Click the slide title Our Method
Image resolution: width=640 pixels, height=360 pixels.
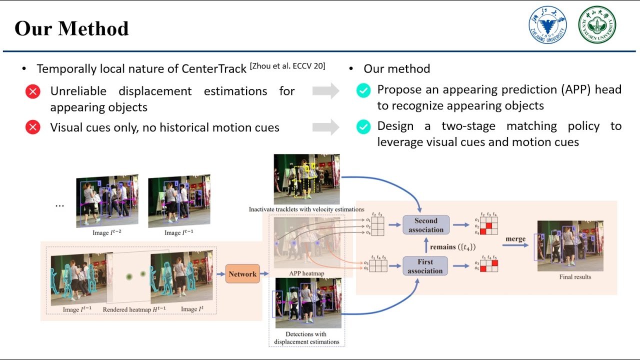pyautogui.click(x=71, y=28)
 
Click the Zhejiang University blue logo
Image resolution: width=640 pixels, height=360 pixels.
pyautogui.click(x=547, y=25)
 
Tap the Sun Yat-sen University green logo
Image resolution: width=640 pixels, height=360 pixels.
pyautogui.click(x=597, y=25)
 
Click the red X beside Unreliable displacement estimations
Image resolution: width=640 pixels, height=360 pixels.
pyautogui.click(x=33, y=91)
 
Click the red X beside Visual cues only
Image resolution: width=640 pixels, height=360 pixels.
pyautogui.click(x=33, y=127)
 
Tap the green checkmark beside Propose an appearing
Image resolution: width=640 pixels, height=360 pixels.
pyautogui.click(x=363, y=90)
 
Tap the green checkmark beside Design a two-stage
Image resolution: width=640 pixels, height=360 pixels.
pyautogui.click(x=363, y=127)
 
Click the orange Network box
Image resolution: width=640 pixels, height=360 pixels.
pyautogui.click(x=242, y=274)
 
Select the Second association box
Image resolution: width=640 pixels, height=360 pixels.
pyautogui.click(x=425, y=225)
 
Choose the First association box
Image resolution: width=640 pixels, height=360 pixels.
pyautogui.click(x=425, y=266)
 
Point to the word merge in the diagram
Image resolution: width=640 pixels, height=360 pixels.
pyautogui.click(x=515, y=239)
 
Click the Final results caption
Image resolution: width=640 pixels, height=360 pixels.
pyautogui.click(x=575, y=276)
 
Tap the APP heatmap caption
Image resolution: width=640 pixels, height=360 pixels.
pyautogui.click(x=306, y=273)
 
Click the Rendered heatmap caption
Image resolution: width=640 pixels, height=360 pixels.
pyautogui.click(x=126, y=309)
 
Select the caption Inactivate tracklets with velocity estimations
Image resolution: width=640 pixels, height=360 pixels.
pyautogui.click(x=306, y=209)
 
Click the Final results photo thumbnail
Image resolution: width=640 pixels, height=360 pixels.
pyautogui.click(x=570, y=245)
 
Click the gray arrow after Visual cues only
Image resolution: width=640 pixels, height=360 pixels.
pyautogui.click(x=325, y=127)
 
